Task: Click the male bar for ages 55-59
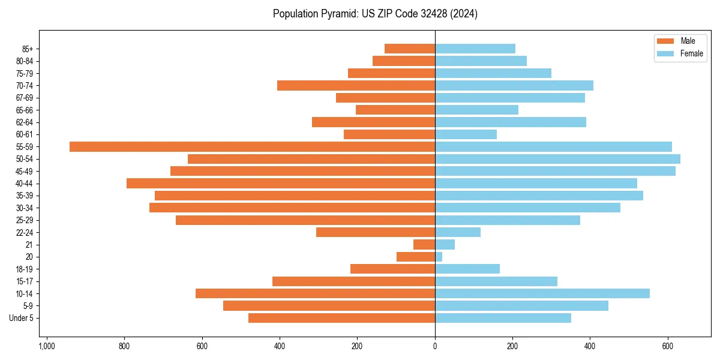click(252, 146)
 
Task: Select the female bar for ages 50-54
click(557, 159)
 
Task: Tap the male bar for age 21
click(424, 244)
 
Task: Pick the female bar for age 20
click(439, 257)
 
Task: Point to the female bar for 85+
click(475, 49)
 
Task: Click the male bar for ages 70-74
click(356, 85)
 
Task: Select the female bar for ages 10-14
click(542, 293)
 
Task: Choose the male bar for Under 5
click(341, 318)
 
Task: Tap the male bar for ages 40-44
click(281, 183)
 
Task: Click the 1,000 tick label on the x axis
click(47, 346)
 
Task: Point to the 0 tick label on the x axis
click(435, 346)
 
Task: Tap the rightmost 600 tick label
click(667, 346)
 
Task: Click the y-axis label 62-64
click(25, 122)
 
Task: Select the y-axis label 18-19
click(25, 269)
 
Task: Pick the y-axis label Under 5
click(22, 318)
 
